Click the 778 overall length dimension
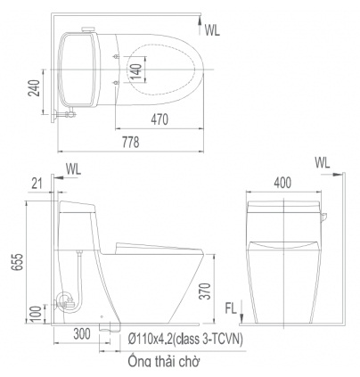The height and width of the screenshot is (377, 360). coord(131,142)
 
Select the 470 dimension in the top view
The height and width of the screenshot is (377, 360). coord(160,119)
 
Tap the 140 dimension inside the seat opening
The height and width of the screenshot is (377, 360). coord(136,71)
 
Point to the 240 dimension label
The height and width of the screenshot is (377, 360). coord(34,88)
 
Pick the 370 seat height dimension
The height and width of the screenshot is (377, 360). coord(205,291)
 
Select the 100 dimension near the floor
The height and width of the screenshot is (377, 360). coord(36,314)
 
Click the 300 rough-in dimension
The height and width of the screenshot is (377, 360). coord(82,334)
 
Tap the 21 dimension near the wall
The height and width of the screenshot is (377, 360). coord(37,184)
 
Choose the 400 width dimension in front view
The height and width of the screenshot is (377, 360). coord(282,183)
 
